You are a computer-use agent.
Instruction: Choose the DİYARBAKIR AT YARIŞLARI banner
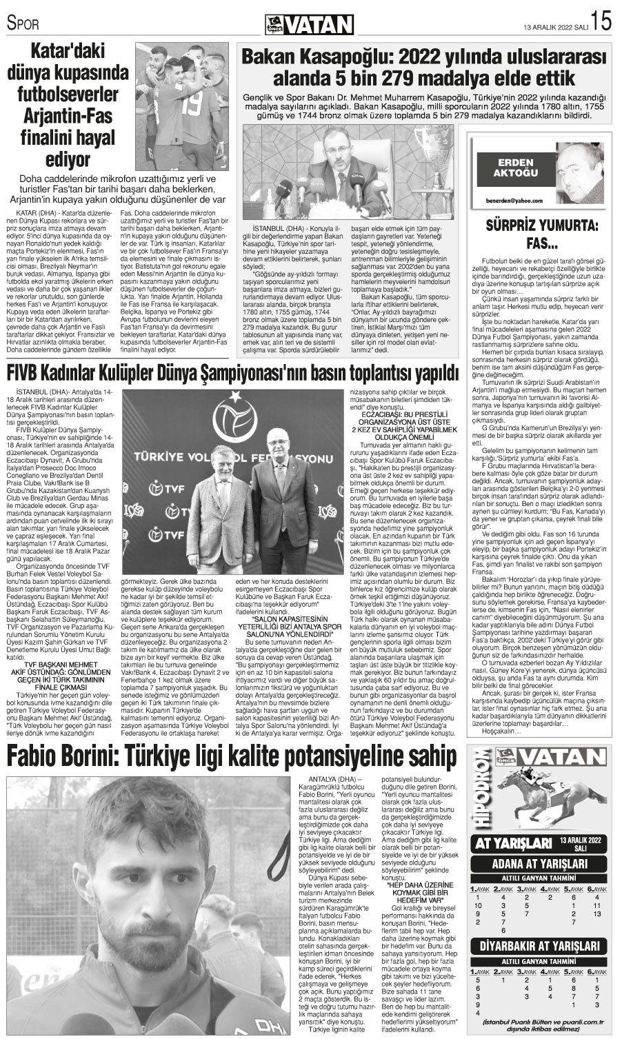point(541,946)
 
